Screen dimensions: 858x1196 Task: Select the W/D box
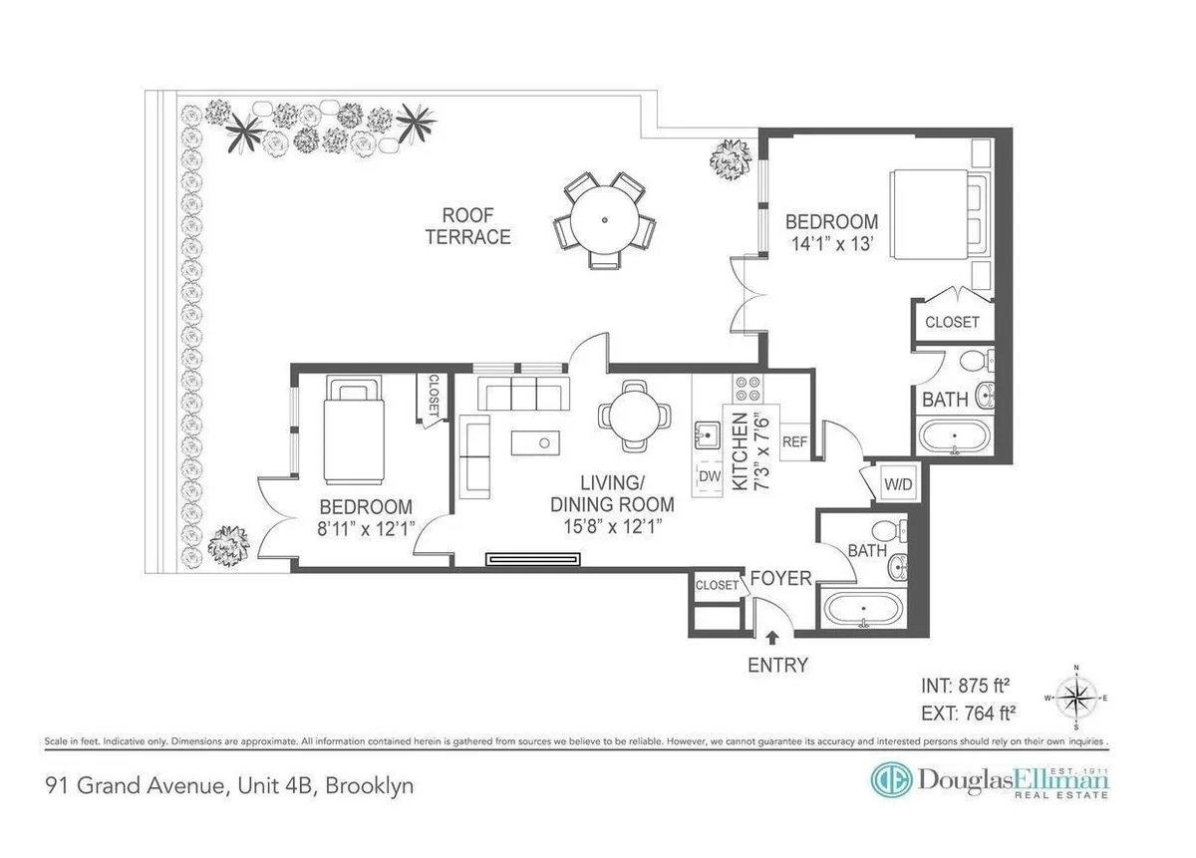pyautogui.click(x=898, y=484)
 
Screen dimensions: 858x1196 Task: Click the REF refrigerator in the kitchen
pyautogui.click(x=795, y=441)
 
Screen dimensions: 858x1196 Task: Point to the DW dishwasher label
pyautogui.click(x=710, y=476)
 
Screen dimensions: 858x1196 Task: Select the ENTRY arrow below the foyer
pyautogui.click(x=772, y=638)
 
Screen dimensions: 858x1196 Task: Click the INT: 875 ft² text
pyautogui.click(x=965, y=686)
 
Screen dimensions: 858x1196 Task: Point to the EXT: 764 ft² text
pyautogui.click(x=965, y=713)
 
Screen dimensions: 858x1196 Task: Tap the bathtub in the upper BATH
pyautogui.click(x=954, y=437)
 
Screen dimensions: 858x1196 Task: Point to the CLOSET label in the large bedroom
pyautogui.click(x=952, y=323)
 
